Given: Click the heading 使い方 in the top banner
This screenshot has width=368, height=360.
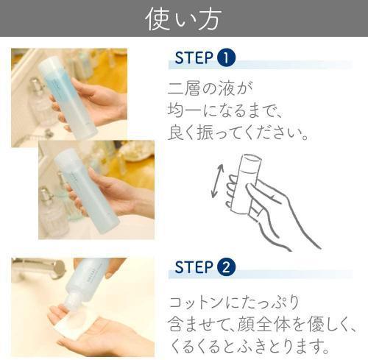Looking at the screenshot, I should pos(183,18).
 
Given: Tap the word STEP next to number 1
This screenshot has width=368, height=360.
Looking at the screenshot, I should pos(194,57).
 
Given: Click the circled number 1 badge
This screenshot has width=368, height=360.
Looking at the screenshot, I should pos(227,57).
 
